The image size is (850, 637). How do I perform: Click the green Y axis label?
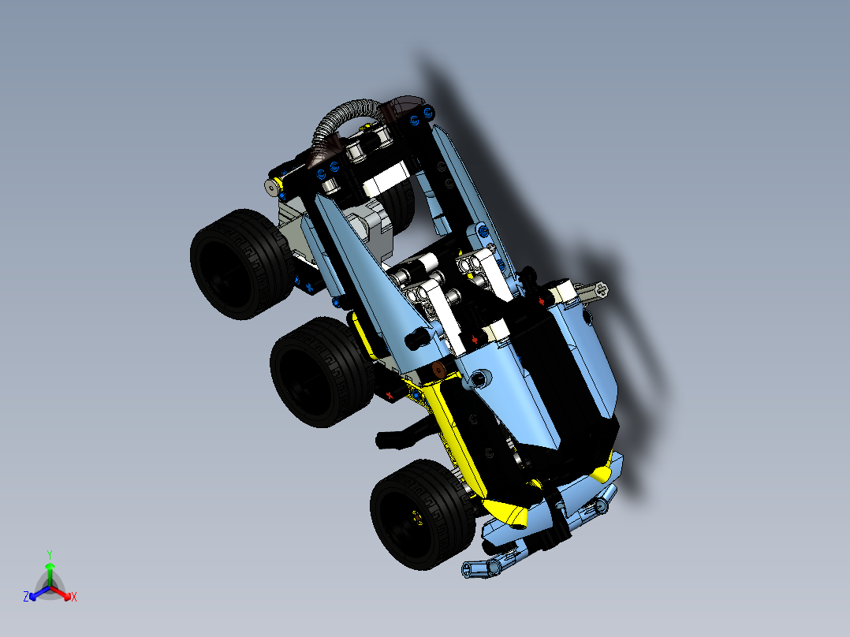[x=49, y=554]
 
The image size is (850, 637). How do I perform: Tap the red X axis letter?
[x=73, y=598]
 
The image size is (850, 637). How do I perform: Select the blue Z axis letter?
[x=26, y=597]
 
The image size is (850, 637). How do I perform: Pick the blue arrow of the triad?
[x=36, y=592]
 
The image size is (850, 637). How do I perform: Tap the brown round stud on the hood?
[x=438, y=371]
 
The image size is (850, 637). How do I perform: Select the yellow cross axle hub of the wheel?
[x=417, y=517]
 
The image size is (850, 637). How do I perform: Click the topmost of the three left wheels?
[x=233, y=264]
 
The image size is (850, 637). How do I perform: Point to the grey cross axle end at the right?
[x=596, y=290]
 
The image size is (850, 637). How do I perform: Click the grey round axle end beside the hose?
[x=272, y=187]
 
